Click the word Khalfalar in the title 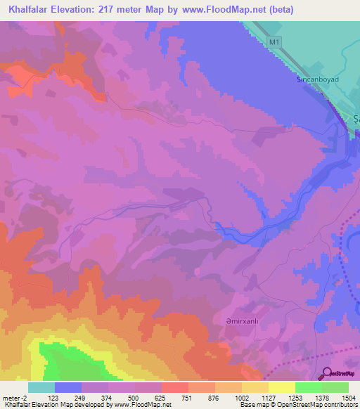coord(32,10)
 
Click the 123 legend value coord(54,397)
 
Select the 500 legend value coord(134,397)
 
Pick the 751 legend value coord(188,397)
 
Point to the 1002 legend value coord(241,397)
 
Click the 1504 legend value coord(348,397)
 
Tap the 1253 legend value coord(295,397)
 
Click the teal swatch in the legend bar coord(41,387)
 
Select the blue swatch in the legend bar coord(68,387)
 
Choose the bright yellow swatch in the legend coord(282,387)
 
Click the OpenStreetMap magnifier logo coord(328,373)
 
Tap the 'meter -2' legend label coord(15,397)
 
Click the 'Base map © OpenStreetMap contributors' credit coord(297,405)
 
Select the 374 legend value coord(108,397)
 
